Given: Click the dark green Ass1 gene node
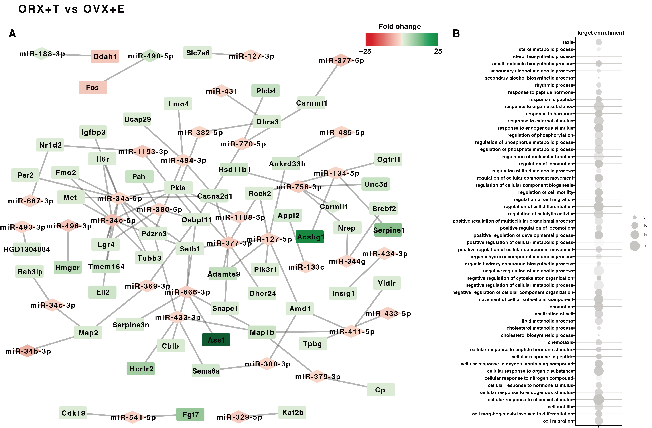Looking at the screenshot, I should [216, 340].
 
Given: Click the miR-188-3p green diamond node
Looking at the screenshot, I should [42, 54].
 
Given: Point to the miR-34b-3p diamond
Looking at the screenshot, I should [27, 351].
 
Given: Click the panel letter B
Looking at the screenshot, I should [456, 34].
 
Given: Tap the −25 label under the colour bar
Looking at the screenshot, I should [365, 51].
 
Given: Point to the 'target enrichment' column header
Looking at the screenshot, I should [601, 33].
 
